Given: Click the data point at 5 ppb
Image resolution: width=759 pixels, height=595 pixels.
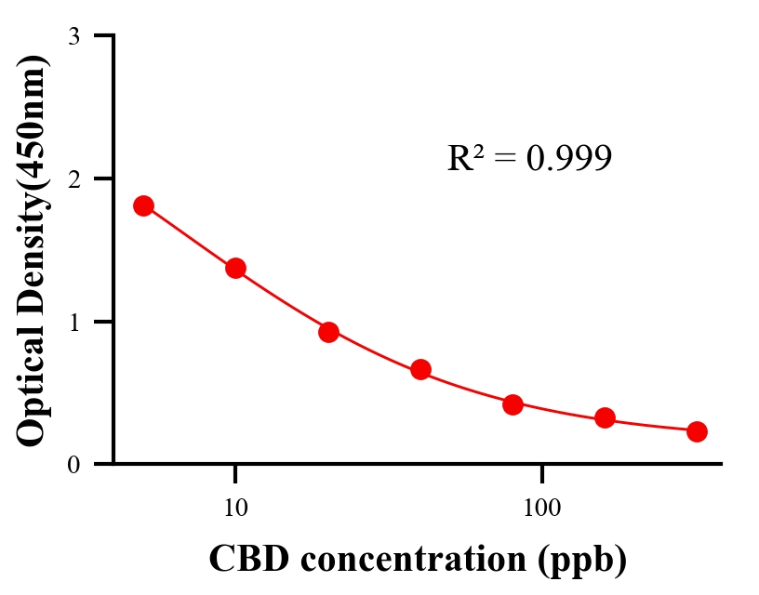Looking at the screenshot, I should coord(143,205).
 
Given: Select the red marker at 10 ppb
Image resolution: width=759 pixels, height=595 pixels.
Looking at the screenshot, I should coord(235,268).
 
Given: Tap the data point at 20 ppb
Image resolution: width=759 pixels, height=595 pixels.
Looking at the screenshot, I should coord(328,332).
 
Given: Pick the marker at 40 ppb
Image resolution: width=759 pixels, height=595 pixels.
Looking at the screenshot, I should coord(420,369).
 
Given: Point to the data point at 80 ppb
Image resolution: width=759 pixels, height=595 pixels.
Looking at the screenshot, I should coord(513,404).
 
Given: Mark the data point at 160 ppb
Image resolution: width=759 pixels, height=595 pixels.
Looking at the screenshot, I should coord(605,418).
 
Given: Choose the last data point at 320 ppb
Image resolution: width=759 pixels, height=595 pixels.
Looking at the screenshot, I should coord(697,431).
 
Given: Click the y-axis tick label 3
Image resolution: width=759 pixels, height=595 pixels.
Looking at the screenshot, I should coord(73,36).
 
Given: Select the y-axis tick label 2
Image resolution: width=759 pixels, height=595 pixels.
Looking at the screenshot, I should coord(73,178).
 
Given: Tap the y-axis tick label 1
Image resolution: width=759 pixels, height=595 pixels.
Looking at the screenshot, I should coord(73,322).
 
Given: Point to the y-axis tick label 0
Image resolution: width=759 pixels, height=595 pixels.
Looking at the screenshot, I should coord(73,464).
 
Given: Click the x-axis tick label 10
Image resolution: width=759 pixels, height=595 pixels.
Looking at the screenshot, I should coord(235,509).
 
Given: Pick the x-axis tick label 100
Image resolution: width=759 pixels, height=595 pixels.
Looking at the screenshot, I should coord(541,509).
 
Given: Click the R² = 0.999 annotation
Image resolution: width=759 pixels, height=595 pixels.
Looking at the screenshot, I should coord(529,158).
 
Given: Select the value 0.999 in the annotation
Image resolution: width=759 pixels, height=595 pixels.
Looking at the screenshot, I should coord(568,159).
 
